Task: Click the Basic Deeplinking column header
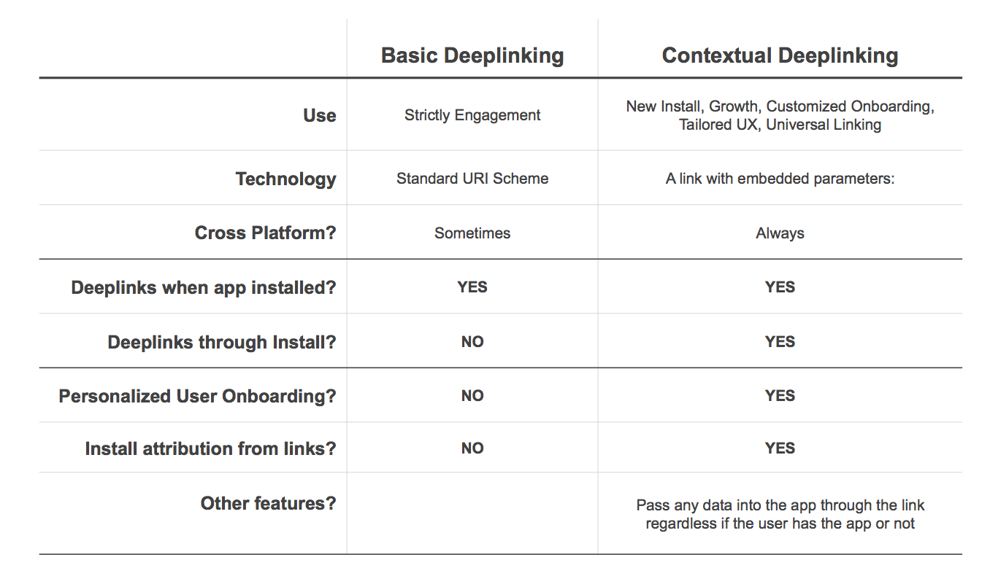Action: tap(472, 56)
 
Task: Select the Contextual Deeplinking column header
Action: tap(780, 56)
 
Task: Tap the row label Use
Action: tap(320, 115)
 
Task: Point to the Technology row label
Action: tap(285, 179)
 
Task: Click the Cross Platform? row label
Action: tap(265, 233)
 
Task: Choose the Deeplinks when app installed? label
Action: tap(204, 288)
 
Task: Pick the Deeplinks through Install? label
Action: tap(222, 342)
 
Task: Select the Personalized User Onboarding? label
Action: tap(197, 397)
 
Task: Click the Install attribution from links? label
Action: tap(210, 448)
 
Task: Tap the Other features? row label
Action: tap(268, 503)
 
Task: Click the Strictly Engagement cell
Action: tap(472, 115)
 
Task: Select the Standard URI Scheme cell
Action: tap(472, 179)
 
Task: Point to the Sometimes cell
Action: tap(472, 233)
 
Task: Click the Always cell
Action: tap(780, 233)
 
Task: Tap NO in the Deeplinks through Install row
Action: tap(472, 341)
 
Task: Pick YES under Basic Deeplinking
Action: tap(472, 287)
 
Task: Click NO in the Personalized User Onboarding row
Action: tap(472, 396)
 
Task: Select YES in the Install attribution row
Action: tap(780, 448)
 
